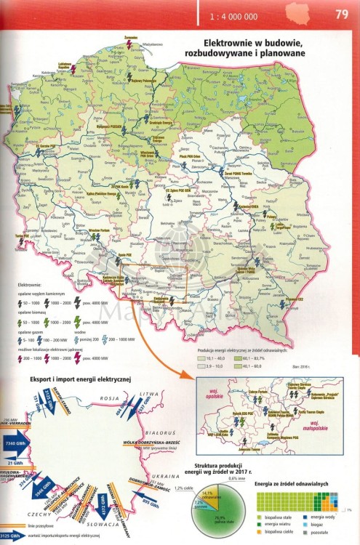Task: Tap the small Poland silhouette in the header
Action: point(297,12)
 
